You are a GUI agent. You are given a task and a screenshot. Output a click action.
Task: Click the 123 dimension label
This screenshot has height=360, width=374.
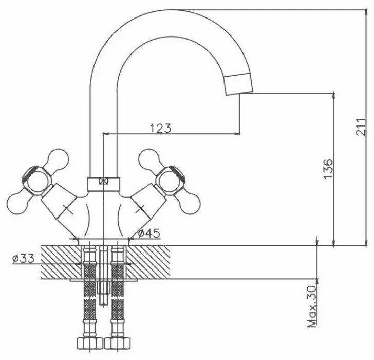pos(161,128)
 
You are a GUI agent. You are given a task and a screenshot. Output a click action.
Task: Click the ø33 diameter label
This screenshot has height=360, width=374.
pos(23,259)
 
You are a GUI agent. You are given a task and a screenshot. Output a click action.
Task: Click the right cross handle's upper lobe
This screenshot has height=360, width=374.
pos(149,157)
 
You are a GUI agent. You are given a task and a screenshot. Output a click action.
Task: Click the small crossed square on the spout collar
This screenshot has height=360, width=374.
pos(104,181)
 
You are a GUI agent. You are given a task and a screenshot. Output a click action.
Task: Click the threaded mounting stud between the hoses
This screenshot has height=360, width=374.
pos(104,288)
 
